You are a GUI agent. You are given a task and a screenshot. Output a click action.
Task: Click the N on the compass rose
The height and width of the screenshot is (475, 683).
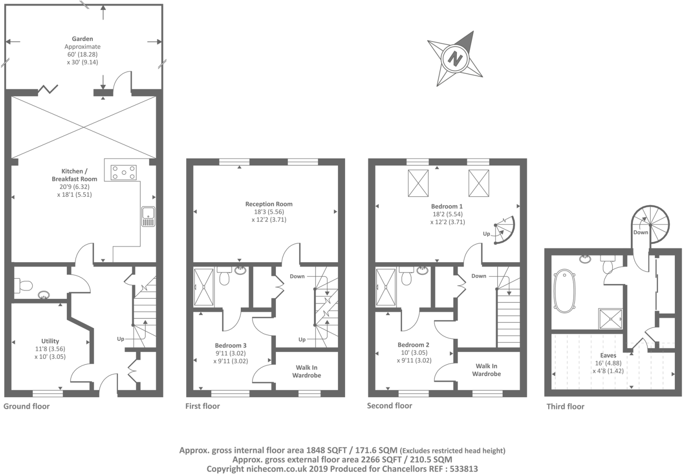[x=455, y=58]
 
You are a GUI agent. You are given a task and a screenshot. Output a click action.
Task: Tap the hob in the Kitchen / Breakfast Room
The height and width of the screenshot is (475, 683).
[x=123, y=173]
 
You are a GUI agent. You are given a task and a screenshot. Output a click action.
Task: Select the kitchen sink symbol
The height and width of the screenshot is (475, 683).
[x=148, y=216]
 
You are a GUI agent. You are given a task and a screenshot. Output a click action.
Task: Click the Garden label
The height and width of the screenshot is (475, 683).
[x=82, y=39]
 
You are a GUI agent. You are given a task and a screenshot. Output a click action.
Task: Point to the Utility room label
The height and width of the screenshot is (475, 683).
[x=50, y=341]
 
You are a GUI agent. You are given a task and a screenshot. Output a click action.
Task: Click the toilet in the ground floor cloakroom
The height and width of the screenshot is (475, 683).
[x=24, y=286]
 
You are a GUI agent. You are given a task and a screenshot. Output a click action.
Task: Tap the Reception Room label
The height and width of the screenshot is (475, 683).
[x=269, y=204]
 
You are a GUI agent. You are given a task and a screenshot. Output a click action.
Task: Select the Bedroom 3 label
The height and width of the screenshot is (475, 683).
[x=230, y=345]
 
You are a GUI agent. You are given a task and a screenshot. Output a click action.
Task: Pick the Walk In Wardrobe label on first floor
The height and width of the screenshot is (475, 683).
[x=306, y=371]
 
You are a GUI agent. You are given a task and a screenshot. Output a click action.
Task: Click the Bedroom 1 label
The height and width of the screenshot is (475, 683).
[x=447, y=206]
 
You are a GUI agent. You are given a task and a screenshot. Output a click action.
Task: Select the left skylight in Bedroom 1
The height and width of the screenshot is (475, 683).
[x=418, y=183]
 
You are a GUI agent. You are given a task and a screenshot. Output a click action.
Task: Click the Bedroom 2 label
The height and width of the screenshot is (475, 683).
[x=413, y=345]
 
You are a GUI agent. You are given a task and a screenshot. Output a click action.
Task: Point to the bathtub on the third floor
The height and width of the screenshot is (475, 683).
[x=565, y=291]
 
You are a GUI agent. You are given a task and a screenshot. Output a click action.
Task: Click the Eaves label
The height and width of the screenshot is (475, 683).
[x=608, y=356]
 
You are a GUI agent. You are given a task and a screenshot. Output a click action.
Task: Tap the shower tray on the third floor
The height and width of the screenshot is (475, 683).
[x=611, y=319]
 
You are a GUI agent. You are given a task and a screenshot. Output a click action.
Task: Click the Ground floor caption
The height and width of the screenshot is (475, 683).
[x=26, y=406]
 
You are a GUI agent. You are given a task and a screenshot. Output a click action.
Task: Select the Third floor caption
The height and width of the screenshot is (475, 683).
[x=566, y=406]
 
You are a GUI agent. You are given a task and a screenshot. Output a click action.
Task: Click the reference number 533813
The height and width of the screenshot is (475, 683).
[x=463, y=469]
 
